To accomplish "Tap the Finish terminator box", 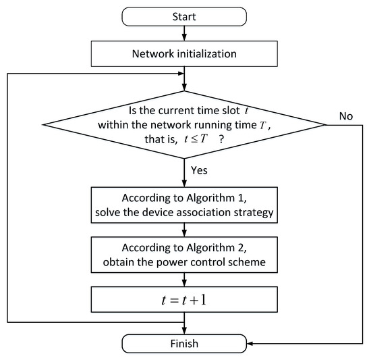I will point(185,343).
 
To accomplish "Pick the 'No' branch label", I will point(346,116).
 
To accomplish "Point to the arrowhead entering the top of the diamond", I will point(185,87).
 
